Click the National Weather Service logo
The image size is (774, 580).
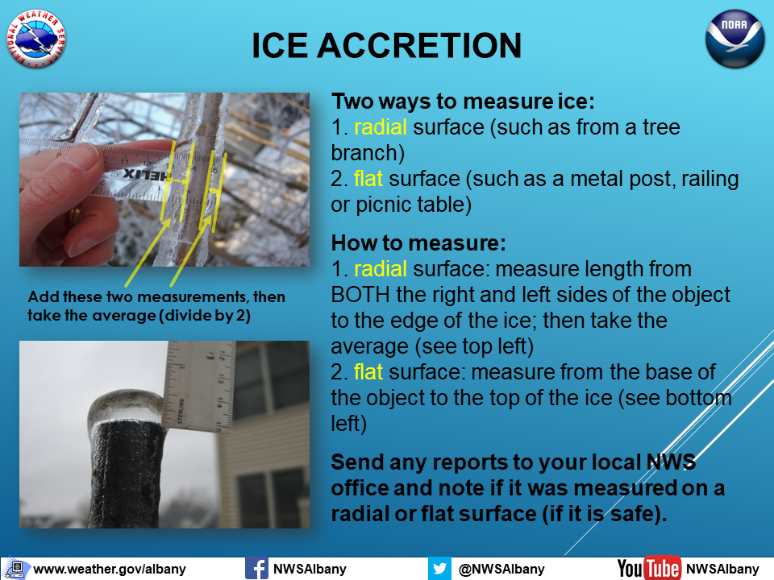pyautogui.click(x=36, y=39)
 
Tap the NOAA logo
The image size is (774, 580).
pyautogui.click(x=735, y=39)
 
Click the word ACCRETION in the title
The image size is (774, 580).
pyautogui.click(x=419, y=46)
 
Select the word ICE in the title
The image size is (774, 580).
pyautogui.click(x=280, y=46)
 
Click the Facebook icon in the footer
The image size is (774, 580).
pyautogui.click(x=256, y=568)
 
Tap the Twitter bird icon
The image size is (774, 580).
pyautogui.click(x=439, y=568)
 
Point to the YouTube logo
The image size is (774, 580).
pyautogui.click(x=649, y=569)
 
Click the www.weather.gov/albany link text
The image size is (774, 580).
pyautogui.click(x=110, y=570)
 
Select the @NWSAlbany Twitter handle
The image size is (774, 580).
pyautogui.click(x=501, y=570)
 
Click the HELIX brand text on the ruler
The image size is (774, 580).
pyautogui.click(x=147, y=174)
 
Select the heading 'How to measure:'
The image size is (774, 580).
pyautogui.click(x=418, y=243)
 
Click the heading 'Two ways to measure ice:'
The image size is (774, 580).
pyautogui.click(x=463, y=101)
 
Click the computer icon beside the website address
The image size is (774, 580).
pyautogui.click(x=16, y=569)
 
